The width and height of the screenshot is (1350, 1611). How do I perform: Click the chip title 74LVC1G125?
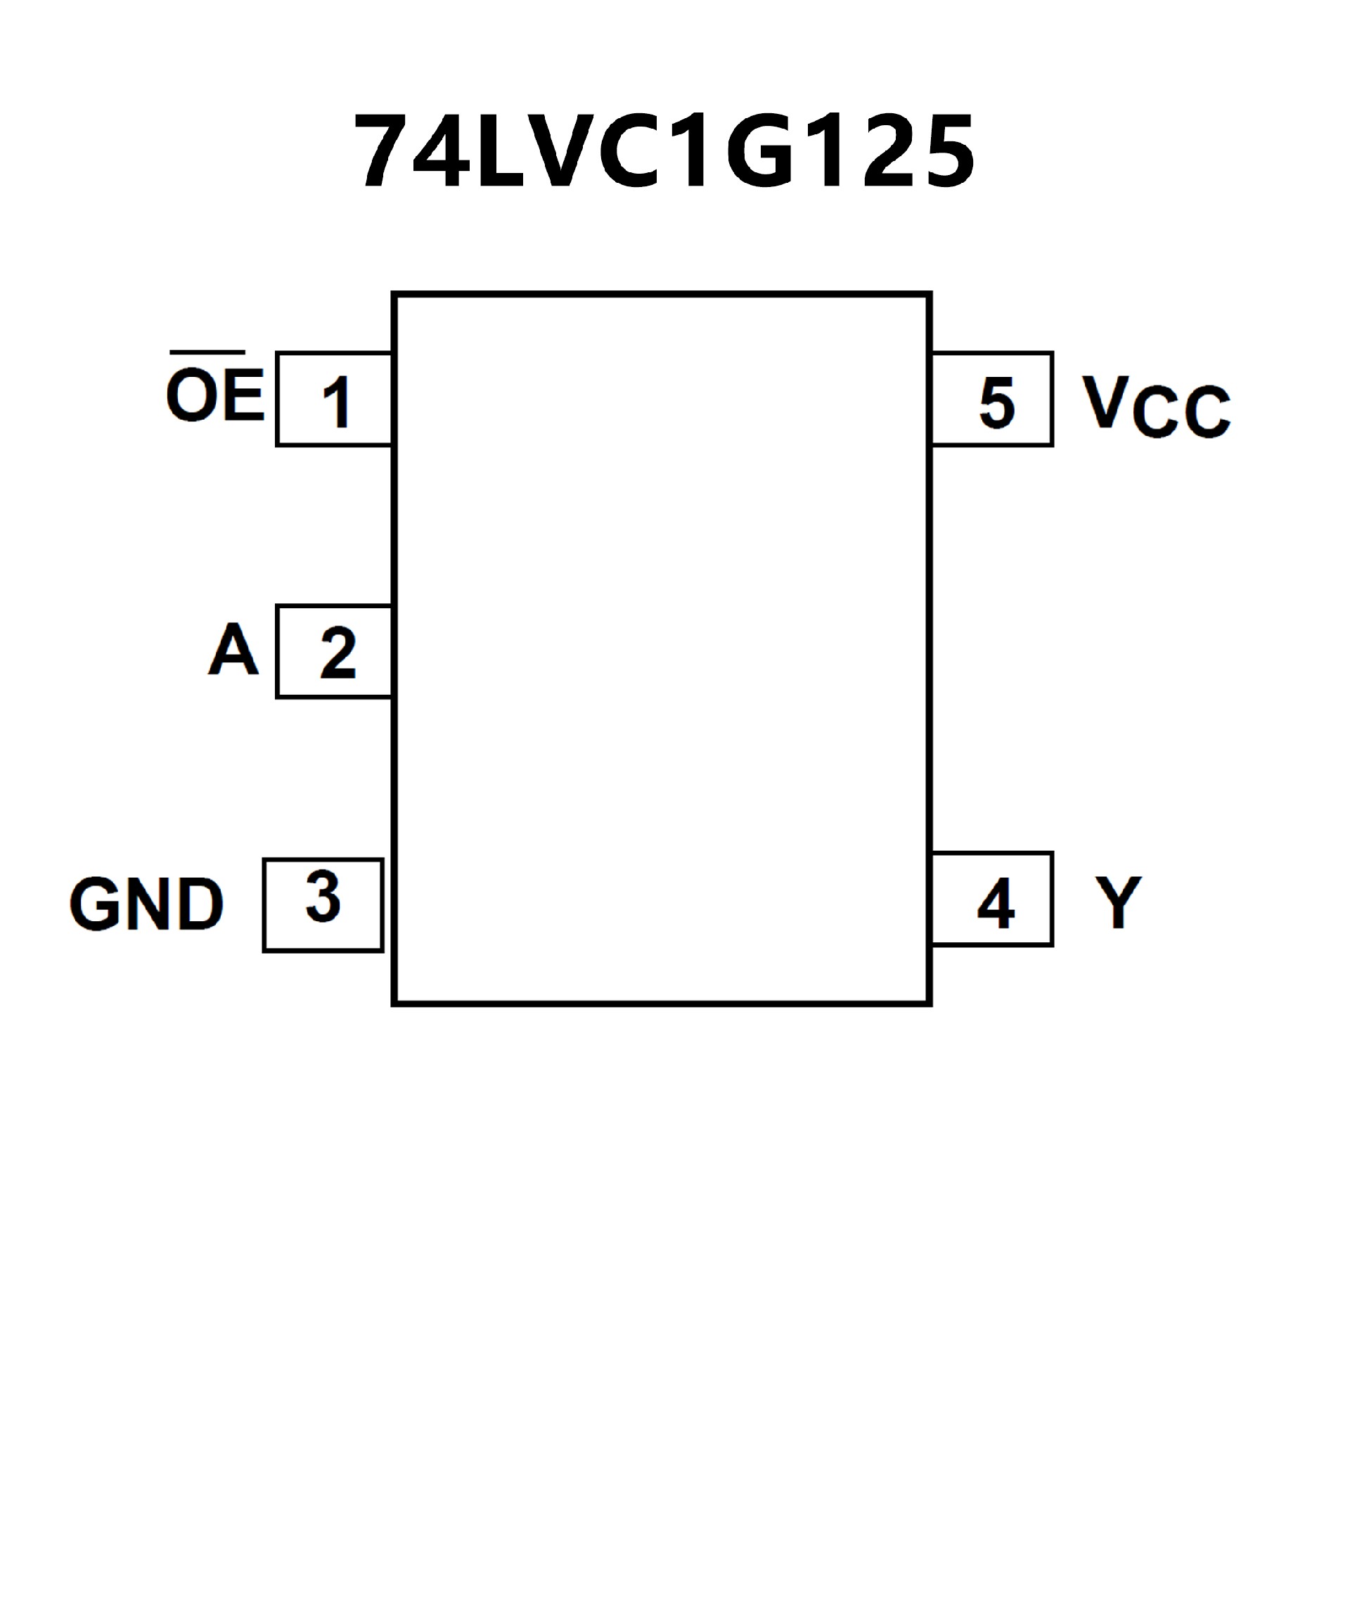[664, 150]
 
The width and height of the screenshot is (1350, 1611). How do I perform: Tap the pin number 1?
[336, 402]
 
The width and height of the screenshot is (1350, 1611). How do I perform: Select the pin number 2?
[338, 653]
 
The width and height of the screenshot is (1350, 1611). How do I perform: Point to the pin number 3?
[323, 897]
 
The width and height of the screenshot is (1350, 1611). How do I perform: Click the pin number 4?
[996, 904]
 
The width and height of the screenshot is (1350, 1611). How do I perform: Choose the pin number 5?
[996, 402]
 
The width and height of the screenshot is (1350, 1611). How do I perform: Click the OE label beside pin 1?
[214, 395]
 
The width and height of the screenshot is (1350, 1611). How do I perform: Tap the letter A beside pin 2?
[233, 650]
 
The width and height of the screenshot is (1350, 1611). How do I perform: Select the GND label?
[146, 904]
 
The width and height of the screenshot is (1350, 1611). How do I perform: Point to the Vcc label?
[1156, 406]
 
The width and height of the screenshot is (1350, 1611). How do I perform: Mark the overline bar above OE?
[207, 353]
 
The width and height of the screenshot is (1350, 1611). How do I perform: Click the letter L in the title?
[499, 150]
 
